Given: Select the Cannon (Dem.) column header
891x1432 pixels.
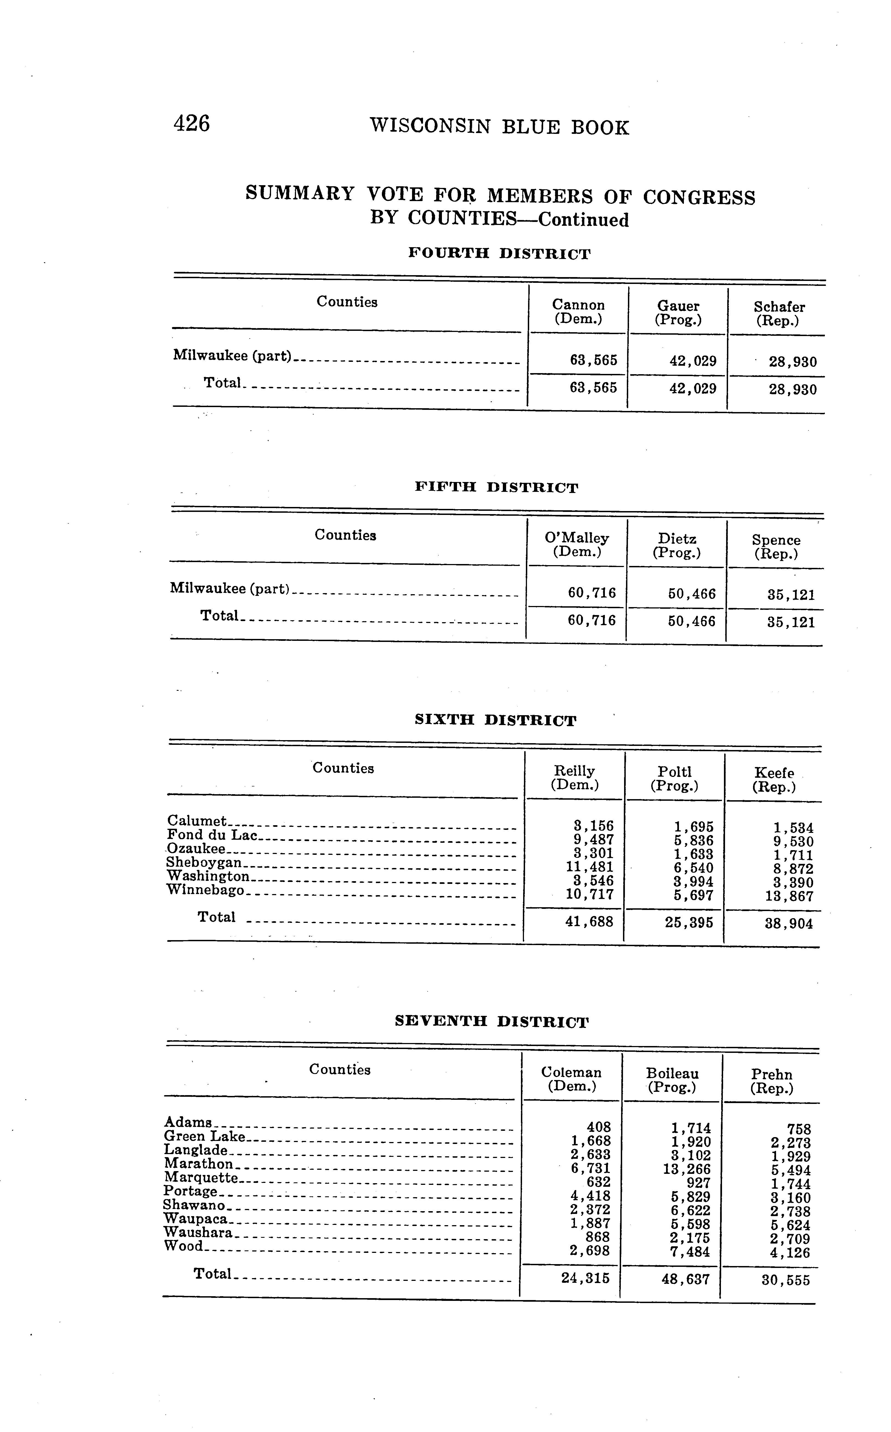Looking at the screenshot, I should (578, 312).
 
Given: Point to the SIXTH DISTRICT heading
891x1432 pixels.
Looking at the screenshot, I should (495, 720).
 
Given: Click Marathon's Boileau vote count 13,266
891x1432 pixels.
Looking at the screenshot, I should (687, 1169).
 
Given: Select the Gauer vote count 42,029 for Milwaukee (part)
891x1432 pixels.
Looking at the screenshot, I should (693, 361).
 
